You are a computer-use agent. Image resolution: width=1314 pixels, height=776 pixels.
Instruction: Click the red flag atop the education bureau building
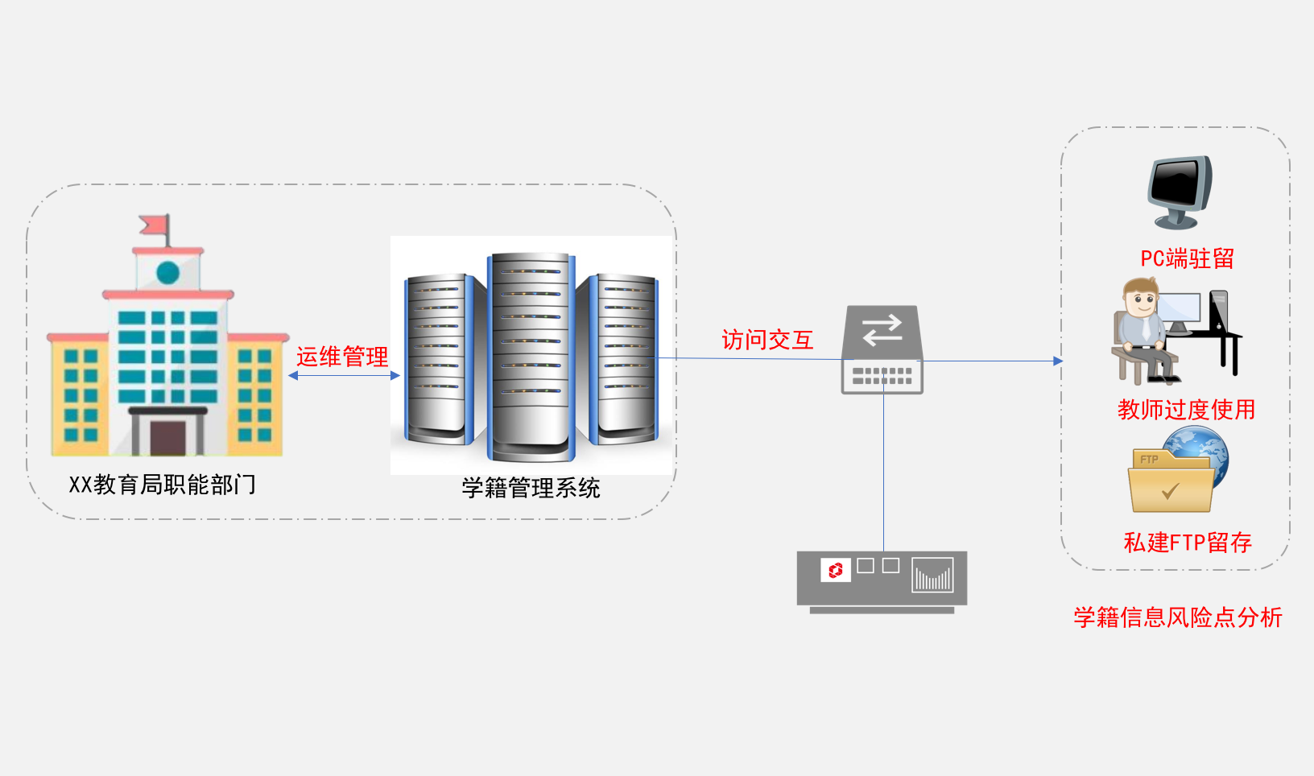tap(155, 225)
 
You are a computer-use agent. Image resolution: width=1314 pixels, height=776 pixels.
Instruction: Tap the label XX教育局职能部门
tap(163, 485)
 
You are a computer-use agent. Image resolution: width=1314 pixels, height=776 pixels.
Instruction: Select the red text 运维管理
tap(342, 357)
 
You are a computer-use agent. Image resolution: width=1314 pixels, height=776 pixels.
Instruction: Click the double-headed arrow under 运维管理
tap(344, 375)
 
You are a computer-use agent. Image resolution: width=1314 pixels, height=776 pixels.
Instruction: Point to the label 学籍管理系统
tap(531, 488)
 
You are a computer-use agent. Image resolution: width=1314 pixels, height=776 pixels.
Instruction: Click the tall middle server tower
tap(531, 354)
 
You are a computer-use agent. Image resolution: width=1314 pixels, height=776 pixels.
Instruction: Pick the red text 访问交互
tap(767, 340)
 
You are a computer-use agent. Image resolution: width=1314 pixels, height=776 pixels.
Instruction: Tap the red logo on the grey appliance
tap(836, 570)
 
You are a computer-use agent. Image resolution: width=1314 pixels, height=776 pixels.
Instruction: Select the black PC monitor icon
tap(1180, 191)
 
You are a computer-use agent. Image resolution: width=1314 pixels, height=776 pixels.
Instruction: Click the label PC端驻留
tap(1187, 258)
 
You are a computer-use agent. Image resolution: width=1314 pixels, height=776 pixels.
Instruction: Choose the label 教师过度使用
tap(1186, 410)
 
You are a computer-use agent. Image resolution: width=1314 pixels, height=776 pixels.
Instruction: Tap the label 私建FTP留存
tap(1188, 543)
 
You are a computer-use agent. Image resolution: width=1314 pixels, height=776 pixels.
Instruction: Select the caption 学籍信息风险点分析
tap(1178, 617)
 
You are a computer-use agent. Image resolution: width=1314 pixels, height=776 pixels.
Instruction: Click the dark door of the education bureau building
tap(167, 436)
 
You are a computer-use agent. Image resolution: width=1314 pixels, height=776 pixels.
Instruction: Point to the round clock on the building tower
tap(167, 273)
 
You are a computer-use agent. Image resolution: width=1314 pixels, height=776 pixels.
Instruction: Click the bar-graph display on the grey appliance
tap(932, 576)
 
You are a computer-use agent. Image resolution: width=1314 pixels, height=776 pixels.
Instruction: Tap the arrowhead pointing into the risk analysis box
tap(1058, 361)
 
